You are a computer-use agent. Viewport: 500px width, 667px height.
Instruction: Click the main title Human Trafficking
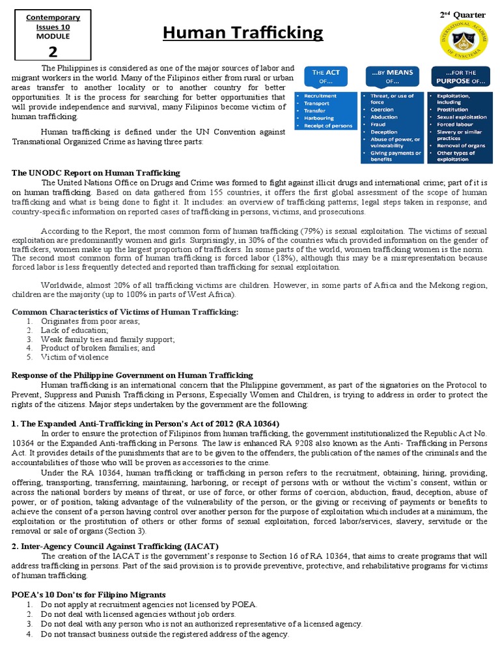pyautogui.click(x=242, y=33)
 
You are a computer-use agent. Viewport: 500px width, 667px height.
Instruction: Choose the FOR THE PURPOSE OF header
pyautogui.click(x=460, y=76)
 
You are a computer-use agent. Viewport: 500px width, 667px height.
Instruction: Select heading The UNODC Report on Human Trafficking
pyautogui.click(x=96, y=173)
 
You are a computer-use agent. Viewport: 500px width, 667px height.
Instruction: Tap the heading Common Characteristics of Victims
pyautogui.click(x=126, y=312)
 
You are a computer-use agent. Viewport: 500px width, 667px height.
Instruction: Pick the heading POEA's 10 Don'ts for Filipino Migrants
pyautogui.click(x=89, y=595)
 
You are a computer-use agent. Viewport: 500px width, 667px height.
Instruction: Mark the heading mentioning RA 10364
pyautogui.click(x=146, y=423)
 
